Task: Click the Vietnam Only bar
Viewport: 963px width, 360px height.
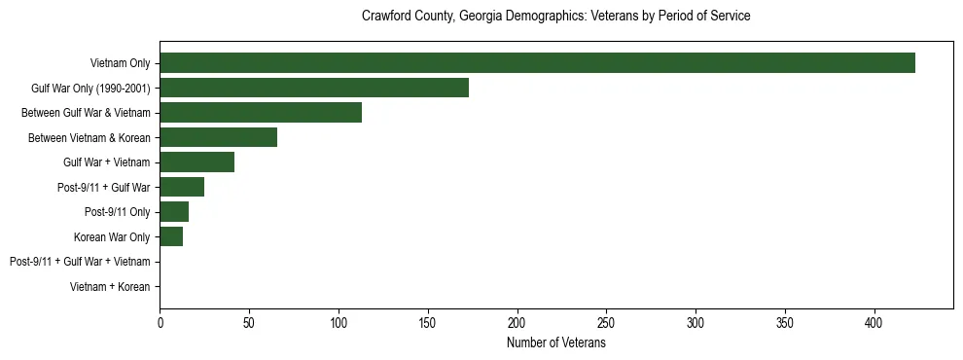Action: click(537, 63)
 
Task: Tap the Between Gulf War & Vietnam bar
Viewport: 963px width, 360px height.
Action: click(261, 113)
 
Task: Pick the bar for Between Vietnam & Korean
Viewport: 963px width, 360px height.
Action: click(219, 137)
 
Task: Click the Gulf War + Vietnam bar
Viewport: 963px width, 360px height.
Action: click(197, 162)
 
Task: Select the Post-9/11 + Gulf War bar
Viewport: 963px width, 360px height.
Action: click(182, 187)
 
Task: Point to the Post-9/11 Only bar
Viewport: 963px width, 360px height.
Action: click(174, 212)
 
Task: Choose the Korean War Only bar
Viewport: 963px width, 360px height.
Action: click(171, 236)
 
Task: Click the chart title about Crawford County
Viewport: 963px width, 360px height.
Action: click(555, 17)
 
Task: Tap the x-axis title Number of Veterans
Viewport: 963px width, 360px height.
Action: click(555, 342)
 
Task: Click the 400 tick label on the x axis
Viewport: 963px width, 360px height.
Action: click(874, 322)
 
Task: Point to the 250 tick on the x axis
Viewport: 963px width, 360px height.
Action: click(606, 322)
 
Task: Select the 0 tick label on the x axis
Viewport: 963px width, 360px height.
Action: click(160, 322)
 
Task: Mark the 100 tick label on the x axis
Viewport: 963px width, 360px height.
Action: click(339, 322)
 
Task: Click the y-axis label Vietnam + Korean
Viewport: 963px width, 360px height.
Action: click(110, 287)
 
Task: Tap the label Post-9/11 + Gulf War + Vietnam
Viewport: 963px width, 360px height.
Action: click(79, 262)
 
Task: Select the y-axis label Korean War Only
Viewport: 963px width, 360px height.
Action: click(112, 236)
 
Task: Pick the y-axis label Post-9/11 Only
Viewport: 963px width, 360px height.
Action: click(117, 212)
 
